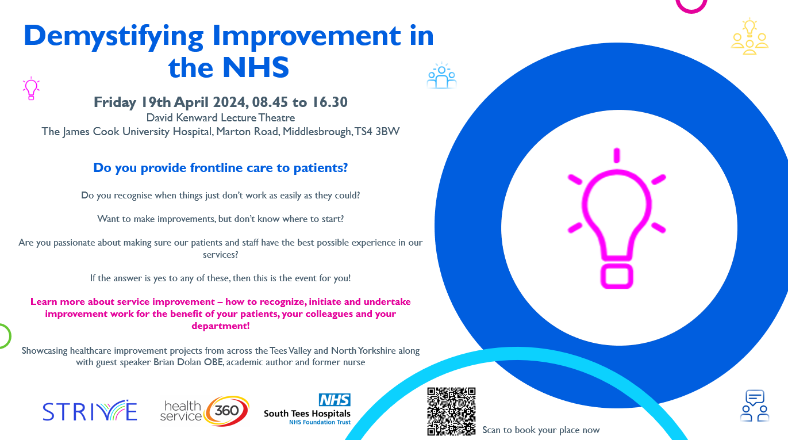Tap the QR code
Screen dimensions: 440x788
[x=451, y=411]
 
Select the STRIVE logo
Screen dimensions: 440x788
[x=90, y=411]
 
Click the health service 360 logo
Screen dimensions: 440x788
[x=205, y=411]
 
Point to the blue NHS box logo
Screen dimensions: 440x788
[x=335, y=400]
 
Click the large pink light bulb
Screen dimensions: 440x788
[x=616, y=219]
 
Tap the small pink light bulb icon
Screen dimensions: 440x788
[x=31, y=89]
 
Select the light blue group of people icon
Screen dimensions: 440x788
[x=441, y=76]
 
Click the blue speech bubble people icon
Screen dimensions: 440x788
[x=755, y=405]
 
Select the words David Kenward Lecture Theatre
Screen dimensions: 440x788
[x=221, y=118]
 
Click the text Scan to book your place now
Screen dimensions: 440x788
[x=541, y=430]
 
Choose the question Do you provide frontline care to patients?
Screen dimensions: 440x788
[x=221, y=168]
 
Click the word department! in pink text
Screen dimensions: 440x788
[x=221, y=326]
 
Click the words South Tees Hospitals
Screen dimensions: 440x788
[x=307, y=414]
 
